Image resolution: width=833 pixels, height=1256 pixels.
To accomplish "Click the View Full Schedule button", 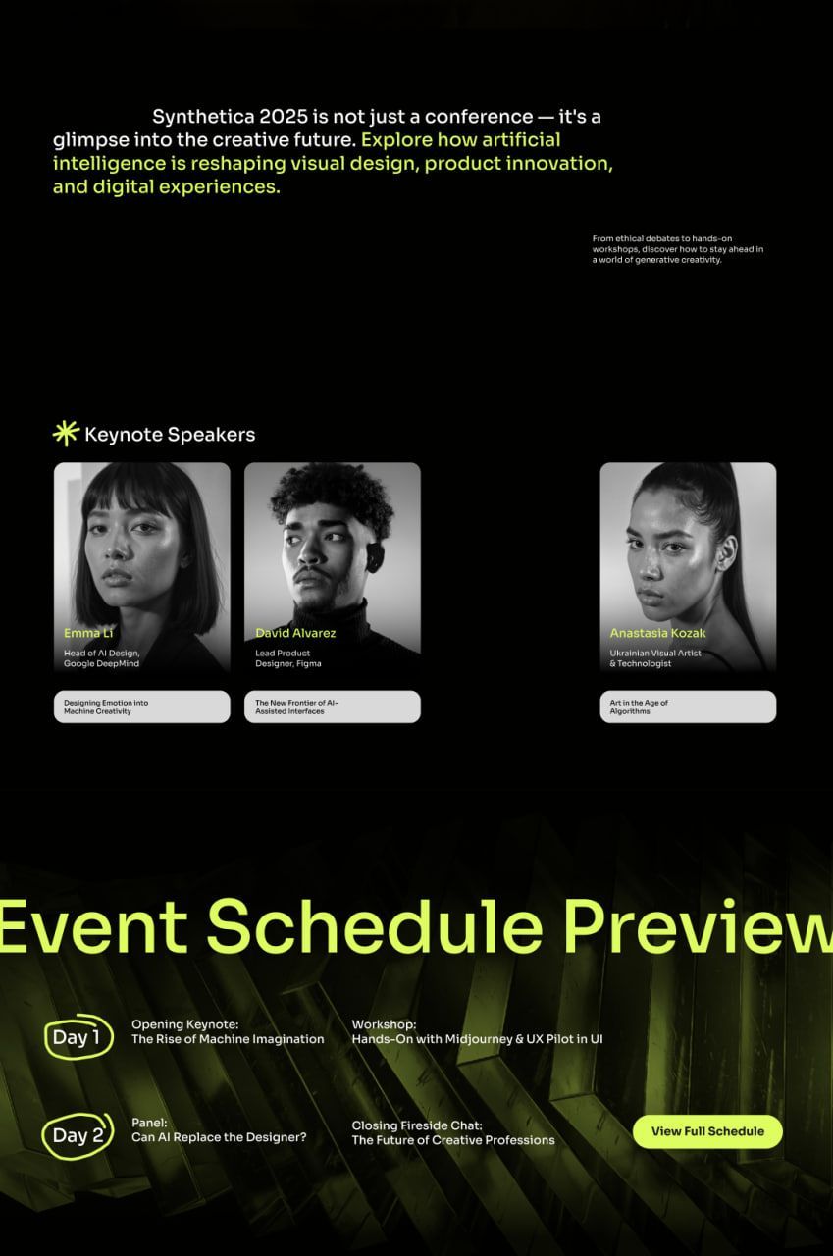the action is pyautogui.click(x=707, y=1131).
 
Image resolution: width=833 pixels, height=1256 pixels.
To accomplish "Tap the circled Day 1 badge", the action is pyautogui.click(x=78, y=1037).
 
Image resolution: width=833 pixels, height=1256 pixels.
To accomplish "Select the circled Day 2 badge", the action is pyautogui.click(x=78, y=1136).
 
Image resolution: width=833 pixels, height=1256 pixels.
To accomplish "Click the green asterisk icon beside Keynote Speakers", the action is pyautogui.click(x=66, y=434).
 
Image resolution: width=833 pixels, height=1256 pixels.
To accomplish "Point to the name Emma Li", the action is pyautogui.click(x=88, y=633).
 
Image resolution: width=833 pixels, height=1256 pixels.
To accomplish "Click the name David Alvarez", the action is pyautogui.click(x=295, y=633).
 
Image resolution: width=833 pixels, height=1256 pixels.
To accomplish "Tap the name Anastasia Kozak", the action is pyautogui.click(x=657, y=633).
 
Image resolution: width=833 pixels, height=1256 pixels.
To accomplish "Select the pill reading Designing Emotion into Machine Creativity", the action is pyautogui.click(x=142, y=706).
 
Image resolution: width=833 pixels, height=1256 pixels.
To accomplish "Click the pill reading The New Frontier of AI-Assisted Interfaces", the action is pyautogui.click(x=333, y=706).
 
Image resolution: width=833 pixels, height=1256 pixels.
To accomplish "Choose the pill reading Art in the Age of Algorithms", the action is pyautogui.click(x=689, y=706).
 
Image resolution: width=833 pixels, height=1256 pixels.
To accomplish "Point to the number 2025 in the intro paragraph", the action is pyautogui.click(x=284, y=117).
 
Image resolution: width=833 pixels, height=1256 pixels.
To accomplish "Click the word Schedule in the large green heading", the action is pyautogui.click(x=375, y=925).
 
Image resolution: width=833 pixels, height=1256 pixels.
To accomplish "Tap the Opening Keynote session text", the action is pyautogui.click(x=228, y=1031).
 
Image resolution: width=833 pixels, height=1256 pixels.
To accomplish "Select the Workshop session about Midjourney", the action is pyautogui.click(x=477, y=1031).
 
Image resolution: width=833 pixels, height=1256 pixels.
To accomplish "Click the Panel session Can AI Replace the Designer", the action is pyautogui.click(x=219, y=1129).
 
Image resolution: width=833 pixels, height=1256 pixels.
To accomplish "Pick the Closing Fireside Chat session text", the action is pyautogui.click(x=453, y=1132).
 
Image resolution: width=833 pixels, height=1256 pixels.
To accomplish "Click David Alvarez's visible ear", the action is pyautogui.click(x=375, y=555).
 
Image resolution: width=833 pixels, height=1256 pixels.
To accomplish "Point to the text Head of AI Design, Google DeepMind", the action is pyautogui.click(x=101, y=658).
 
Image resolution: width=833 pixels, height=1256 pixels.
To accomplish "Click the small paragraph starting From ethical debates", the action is pyautogui.click(x=678, y=249).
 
